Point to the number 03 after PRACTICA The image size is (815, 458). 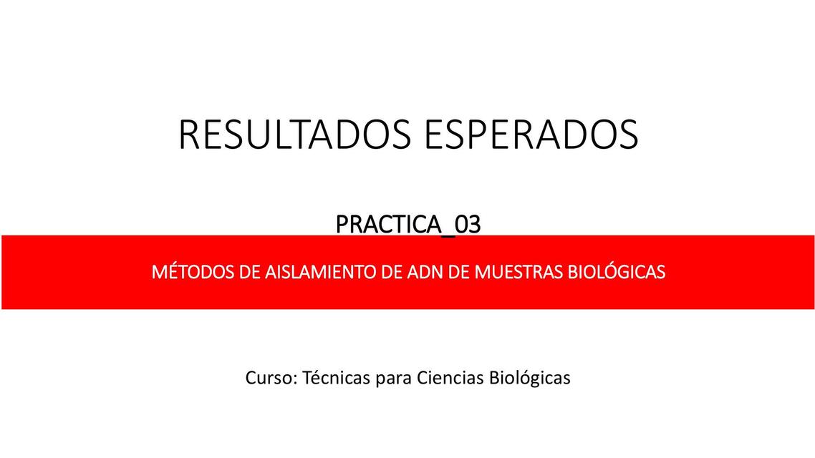click(467, 225)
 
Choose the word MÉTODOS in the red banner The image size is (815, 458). click(185, 273)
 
